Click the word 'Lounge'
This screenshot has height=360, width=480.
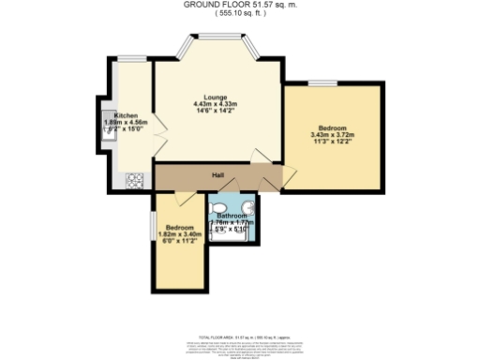(214, 96)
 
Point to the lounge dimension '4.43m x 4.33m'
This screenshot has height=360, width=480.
(214, 103)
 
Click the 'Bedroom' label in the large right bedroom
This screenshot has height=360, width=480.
(332, 127)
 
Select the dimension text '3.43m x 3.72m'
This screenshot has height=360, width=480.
(332, 135)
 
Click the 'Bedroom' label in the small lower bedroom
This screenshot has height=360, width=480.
(180, 228)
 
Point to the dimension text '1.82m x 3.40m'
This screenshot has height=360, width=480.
(180, 234)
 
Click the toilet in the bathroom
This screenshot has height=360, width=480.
(217, 208)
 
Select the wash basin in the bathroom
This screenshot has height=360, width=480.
(247, 208)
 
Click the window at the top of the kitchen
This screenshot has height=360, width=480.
(132, 59)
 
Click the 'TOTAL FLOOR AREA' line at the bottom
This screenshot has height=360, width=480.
(241, 336)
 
